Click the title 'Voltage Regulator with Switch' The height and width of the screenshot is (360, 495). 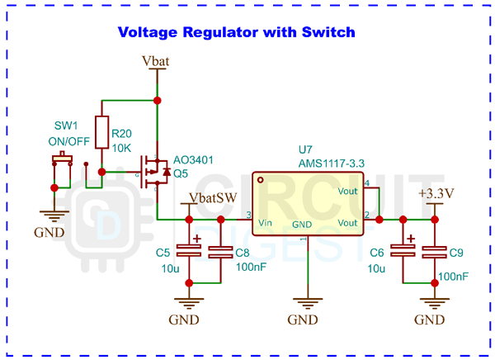(x=237, y=33)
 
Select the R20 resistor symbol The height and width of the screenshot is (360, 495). (x=101, y=132)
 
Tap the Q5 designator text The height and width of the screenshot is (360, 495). (x=181, y=174)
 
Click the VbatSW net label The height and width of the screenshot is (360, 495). (x=213, y=198)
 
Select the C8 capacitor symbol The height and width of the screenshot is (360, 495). (x=220, y=252)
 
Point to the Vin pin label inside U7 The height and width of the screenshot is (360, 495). (x=266, y=222)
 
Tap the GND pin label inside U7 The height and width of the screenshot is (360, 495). (x=302, y=223)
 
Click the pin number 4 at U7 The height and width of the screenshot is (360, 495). (x=368, y=182)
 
